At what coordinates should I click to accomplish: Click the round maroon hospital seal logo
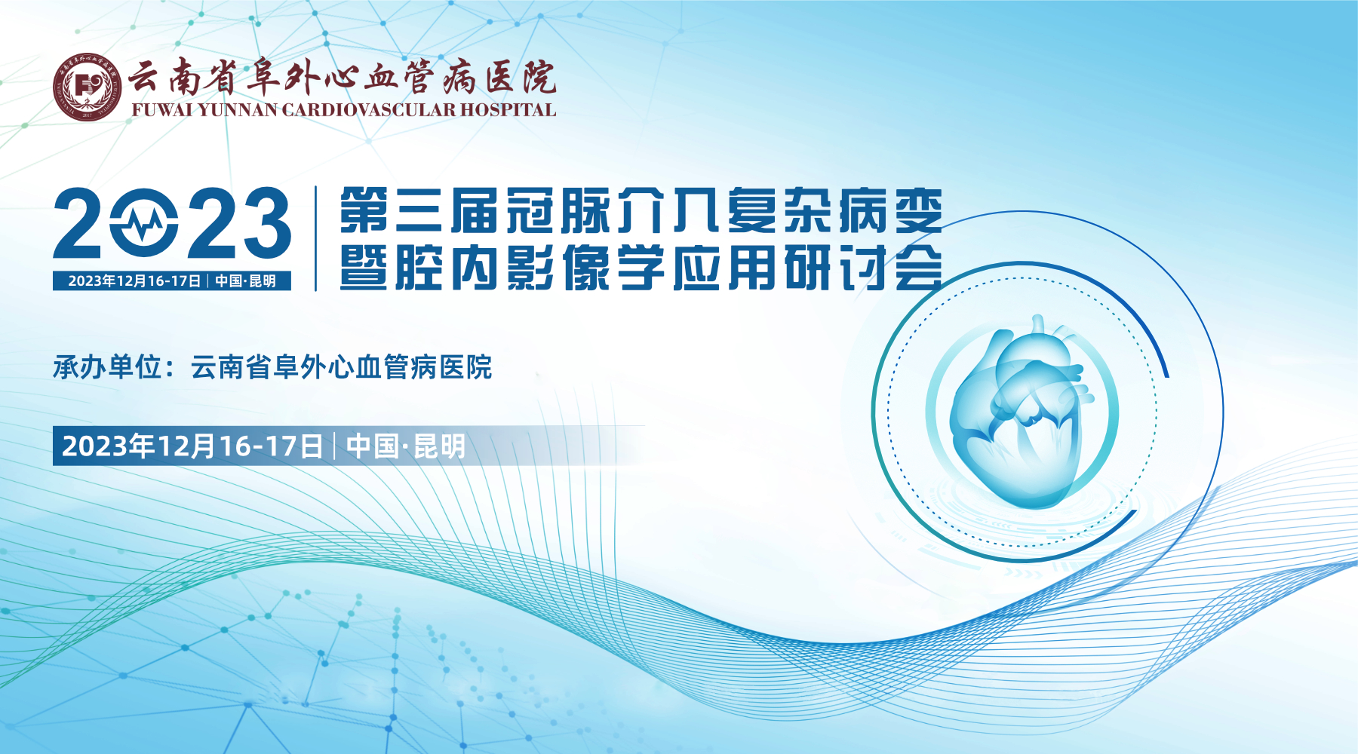click(88, 87)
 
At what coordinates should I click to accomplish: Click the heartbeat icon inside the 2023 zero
click(144, 223)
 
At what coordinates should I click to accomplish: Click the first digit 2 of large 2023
click(78, 223)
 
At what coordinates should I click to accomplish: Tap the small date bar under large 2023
click(172, 281)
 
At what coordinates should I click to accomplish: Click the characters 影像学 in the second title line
click(586, 267)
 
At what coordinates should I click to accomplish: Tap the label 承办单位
click(108, 367)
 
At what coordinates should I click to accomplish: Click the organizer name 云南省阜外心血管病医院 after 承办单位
click(341, 367)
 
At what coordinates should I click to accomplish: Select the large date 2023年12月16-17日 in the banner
click(192, 446)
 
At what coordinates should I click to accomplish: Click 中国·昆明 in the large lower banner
click(406, 446)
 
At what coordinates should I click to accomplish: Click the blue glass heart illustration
click(1021, 411)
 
